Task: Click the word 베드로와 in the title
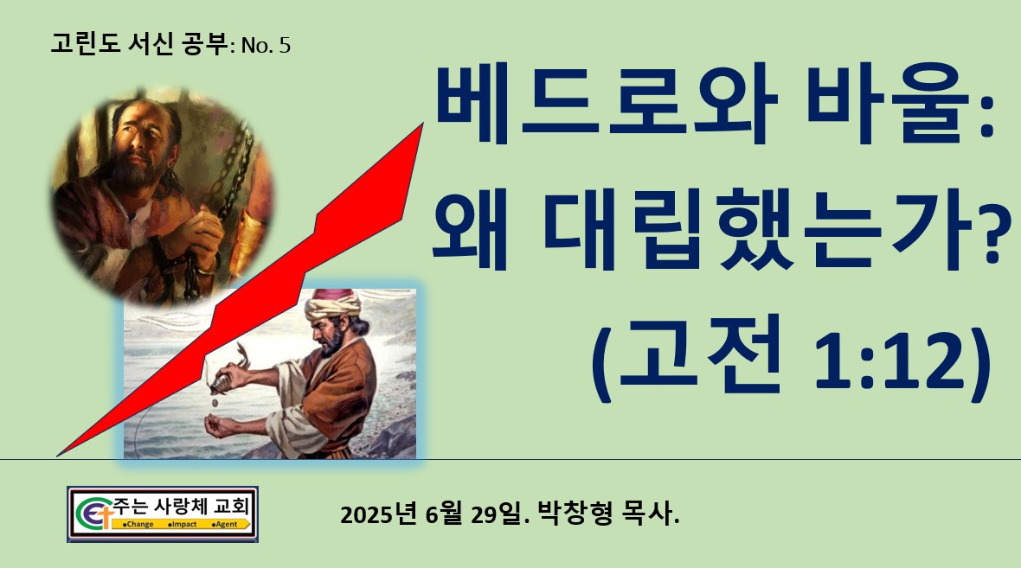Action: click(607, 104)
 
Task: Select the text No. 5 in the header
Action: click(266, 46)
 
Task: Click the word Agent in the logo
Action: click(226, 525)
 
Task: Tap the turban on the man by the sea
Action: click(333, 303)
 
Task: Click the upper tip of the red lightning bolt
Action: click(423, 124)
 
